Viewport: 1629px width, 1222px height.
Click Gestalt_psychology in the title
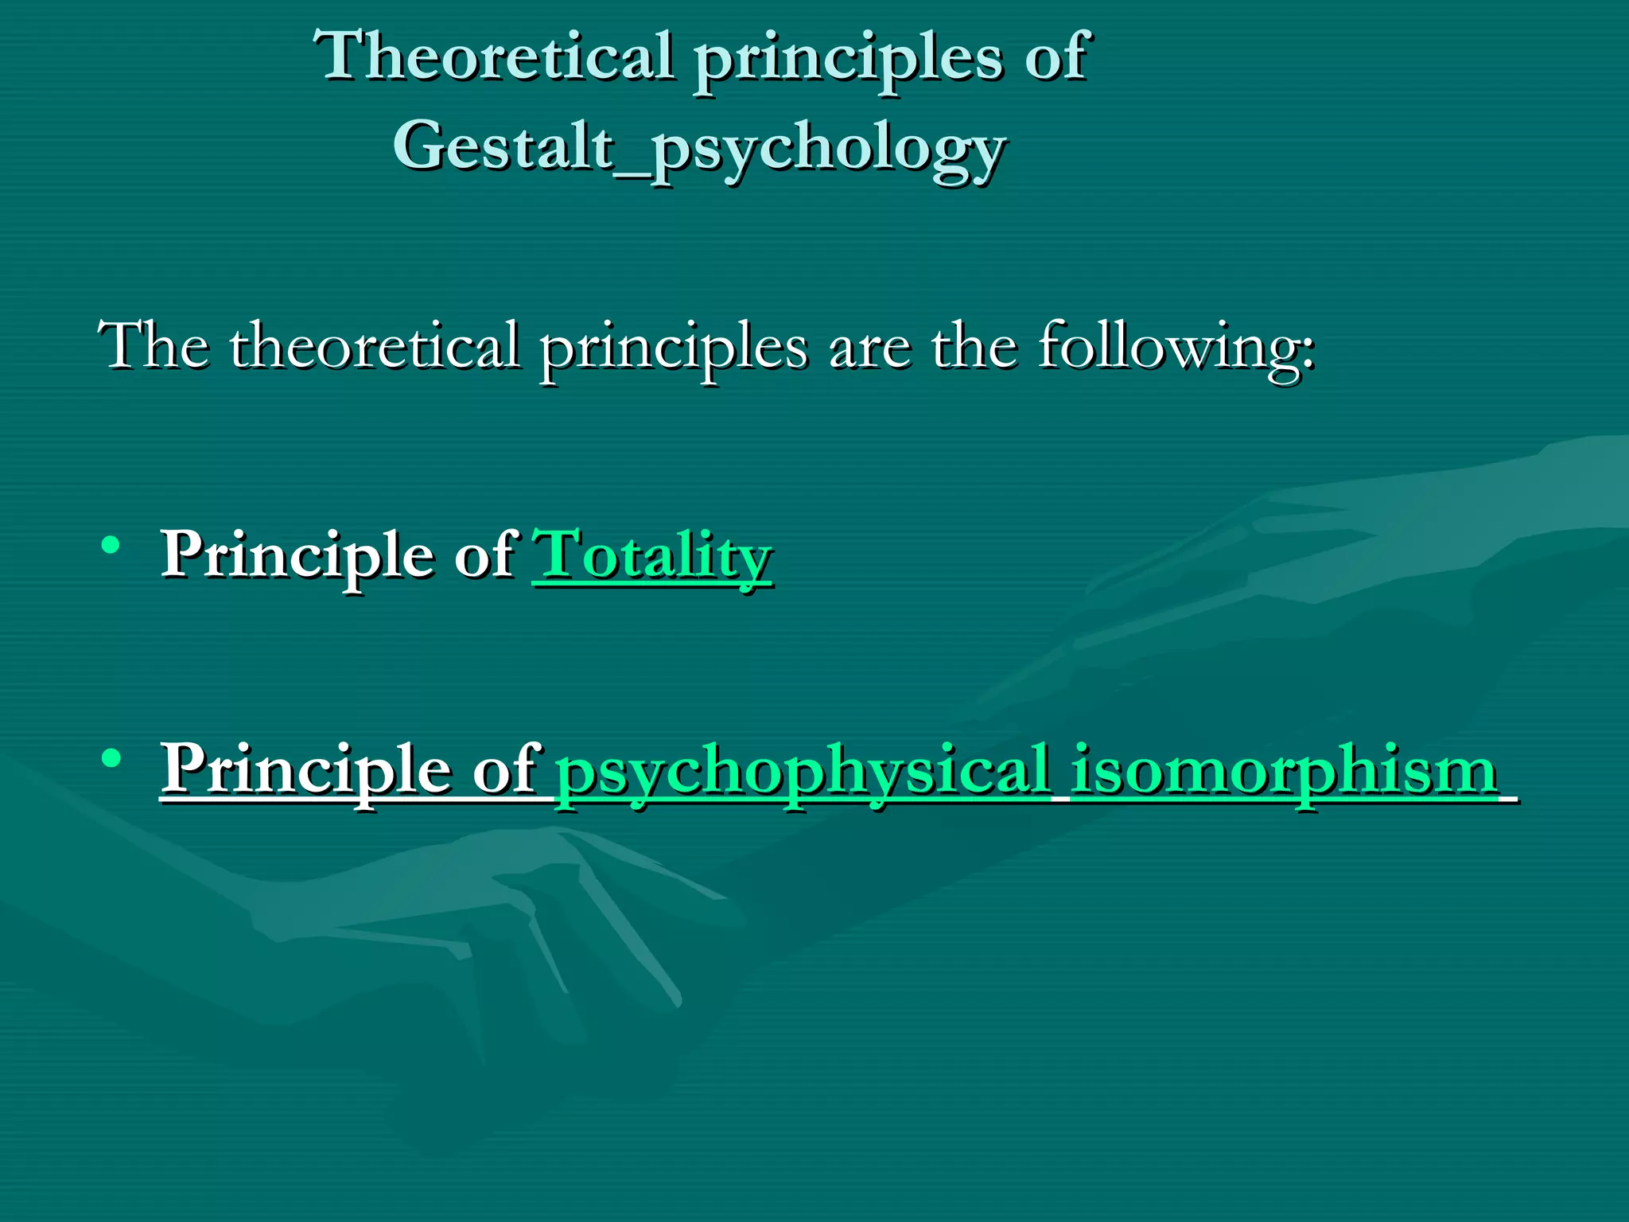pos(700,148)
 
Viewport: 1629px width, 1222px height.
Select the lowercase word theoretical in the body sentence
pos(374,345)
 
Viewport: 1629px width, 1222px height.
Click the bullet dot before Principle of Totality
pos(111,546)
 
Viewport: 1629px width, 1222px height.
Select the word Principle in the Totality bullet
pos(297,555)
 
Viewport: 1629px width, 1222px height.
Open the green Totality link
pos(652,555)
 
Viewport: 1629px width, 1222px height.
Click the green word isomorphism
pos(1284,769)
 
